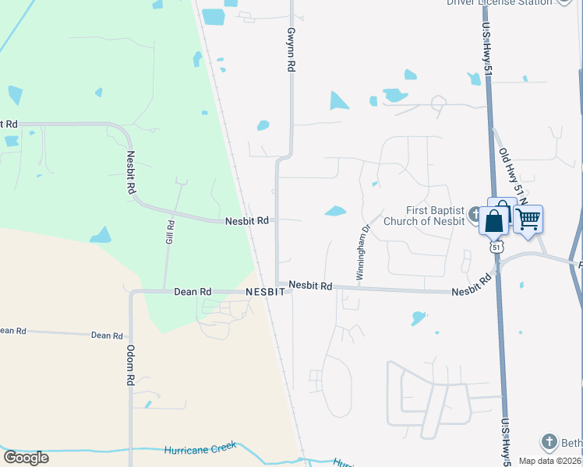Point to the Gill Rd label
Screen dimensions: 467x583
coord(170,232)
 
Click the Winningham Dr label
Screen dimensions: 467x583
coord(362,253)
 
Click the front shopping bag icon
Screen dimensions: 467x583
coord(494,222)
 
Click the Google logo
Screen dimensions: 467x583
coord(26,457)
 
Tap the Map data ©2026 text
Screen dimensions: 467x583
coord(550,460)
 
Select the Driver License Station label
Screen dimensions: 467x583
coord(500,2)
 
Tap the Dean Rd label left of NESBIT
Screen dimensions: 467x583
coord(193,291)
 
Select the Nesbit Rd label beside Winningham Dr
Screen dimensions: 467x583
coord(310,286)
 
